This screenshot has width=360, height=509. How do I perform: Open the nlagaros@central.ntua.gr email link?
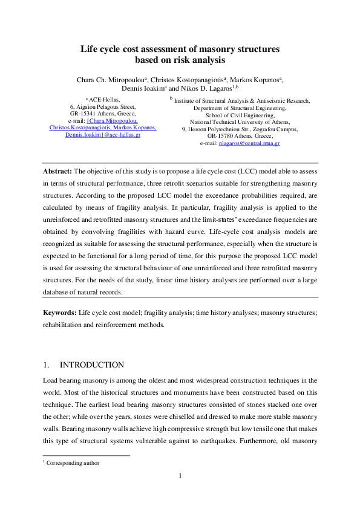pos(254,143)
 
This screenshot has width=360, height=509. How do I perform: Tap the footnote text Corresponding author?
pos(73,463)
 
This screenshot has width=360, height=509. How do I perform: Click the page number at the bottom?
pos(180,476)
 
